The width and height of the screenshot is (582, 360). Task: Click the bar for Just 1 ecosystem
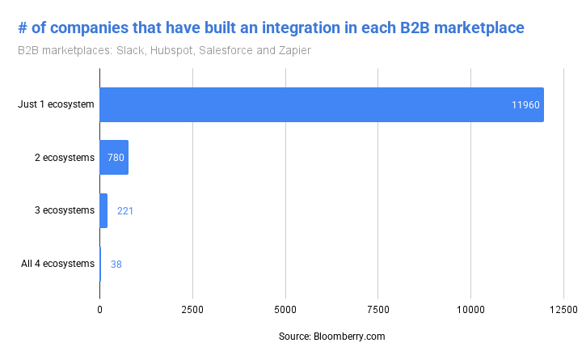[321, 104]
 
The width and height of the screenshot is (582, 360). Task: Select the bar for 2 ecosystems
[114, 157]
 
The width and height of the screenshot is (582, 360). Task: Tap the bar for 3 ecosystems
[103, 210]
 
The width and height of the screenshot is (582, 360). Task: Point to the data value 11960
[525, 105]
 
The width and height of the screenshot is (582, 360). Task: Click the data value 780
[116, 158]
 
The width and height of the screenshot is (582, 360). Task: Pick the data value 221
[125, 211]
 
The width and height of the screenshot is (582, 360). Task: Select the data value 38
[116, 264]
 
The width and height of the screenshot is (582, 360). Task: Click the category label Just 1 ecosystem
[56, 105]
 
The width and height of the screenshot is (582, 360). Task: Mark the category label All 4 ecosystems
[57, 264]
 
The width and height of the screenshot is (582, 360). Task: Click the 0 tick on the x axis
[100, 310]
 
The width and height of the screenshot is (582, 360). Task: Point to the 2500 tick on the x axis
[192, 310]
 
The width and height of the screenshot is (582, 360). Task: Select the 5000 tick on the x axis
[285, 310]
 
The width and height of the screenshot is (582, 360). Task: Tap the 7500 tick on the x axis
[378, 310]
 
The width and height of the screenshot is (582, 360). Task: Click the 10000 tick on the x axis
[470, 310]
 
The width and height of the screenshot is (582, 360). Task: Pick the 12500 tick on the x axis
[563, 310]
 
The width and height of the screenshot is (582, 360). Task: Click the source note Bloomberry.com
[331, 336]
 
